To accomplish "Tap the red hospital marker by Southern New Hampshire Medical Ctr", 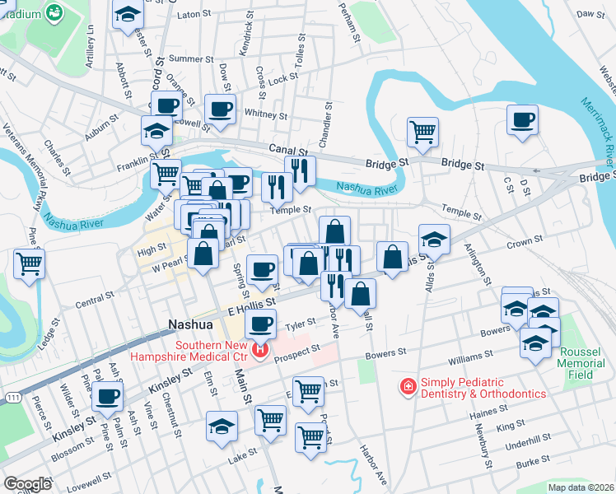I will pos(260,351).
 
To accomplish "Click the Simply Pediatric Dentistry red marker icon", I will pos(408,386).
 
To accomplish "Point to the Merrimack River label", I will pos(596,124).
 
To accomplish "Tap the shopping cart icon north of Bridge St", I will pos(422,130).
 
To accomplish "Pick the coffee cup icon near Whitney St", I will pos(221,109).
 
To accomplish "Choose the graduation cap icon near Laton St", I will pos(128,16).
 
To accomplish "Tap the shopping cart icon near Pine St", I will pos(29,264).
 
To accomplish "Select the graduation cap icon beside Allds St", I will pos(434,239).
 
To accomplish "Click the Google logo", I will pos(27,484).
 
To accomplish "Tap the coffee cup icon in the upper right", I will pos(522,119).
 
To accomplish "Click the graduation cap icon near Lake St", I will pos(222,426).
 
